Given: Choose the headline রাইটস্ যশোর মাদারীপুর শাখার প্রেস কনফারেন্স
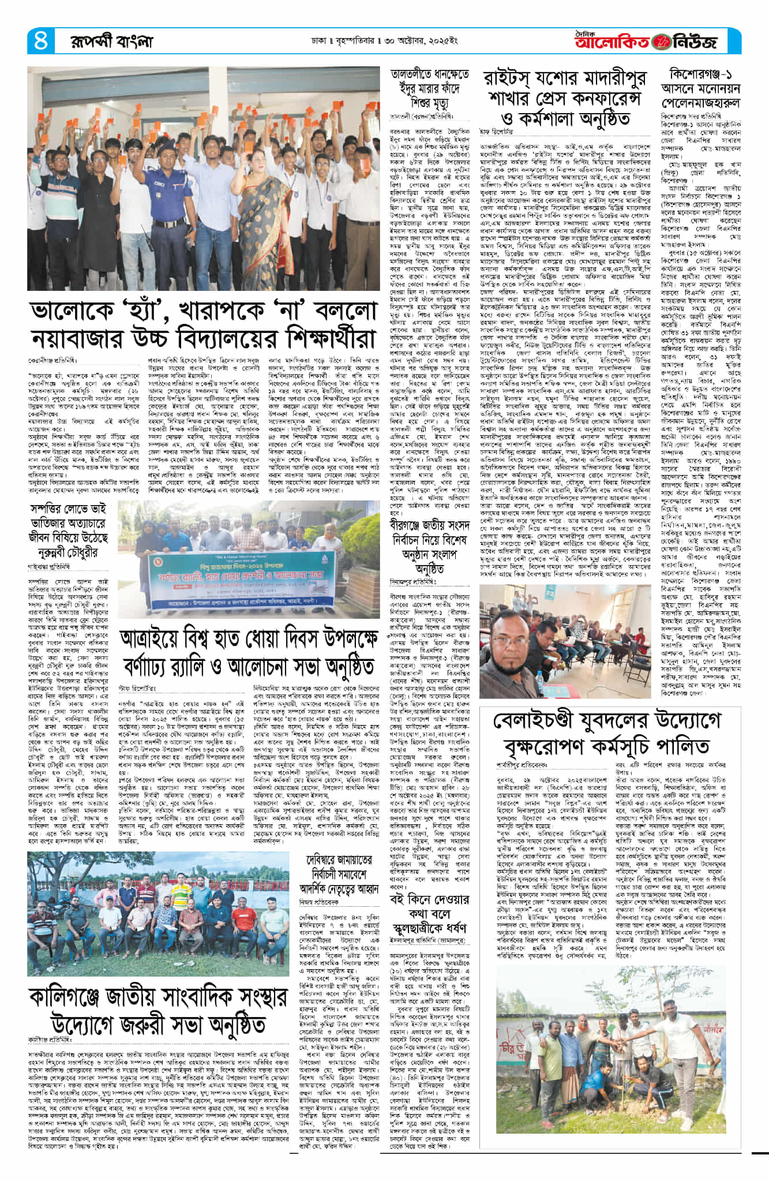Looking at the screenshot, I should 565,99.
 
